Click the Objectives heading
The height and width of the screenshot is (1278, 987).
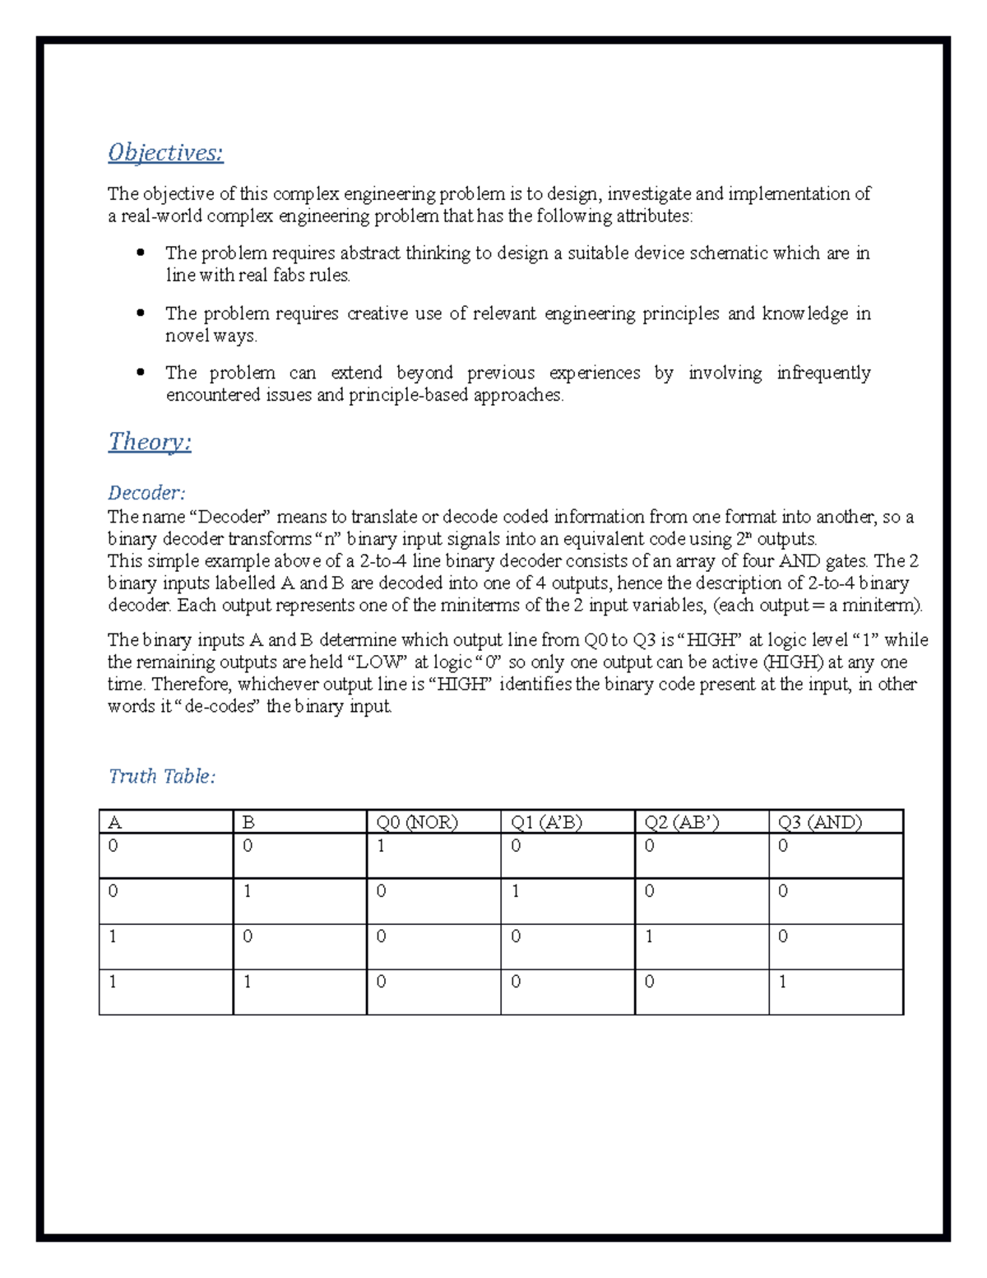(165, 153)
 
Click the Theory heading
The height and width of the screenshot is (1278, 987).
(150, 442)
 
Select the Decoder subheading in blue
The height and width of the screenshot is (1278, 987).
(146, 493)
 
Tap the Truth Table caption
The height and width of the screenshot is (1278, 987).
(162, 776)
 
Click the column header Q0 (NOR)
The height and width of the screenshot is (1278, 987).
(417, 822)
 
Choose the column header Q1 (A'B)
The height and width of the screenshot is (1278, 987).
(546, 822)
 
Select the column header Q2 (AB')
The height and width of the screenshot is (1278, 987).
(682, 822)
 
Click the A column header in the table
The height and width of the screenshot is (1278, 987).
(114, 822)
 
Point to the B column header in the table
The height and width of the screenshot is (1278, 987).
(248, 822)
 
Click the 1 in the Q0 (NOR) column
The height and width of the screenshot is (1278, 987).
(382, 846)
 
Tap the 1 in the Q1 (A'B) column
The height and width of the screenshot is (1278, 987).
(516, 891)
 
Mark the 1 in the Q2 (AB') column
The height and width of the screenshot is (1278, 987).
(650, 936)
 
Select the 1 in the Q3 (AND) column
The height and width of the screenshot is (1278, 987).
(783, 982)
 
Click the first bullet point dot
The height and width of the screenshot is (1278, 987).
(141, 253)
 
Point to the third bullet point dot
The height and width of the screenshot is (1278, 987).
(141, 373)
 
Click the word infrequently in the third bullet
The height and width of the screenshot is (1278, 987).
(823, 373)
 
